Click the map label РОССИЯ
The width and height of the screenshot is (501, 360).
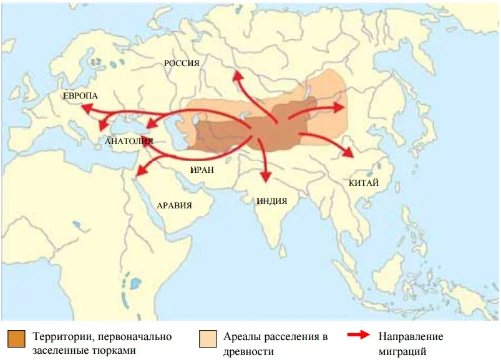coord(181,63)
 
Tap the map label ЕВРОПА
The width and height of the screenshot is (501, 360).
coord(80,96)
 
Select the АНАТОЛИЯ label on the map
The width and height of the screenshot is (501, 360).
coord(129,141)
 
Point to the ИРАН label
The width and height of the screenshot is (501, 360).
coord(203,169)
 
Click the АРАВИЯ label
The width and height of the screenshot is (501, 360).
coord(174,205)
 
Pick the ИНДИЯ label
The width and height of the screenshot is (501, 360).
coord(271,201)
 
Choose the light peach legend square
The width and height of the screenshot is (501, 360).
coord(208,339)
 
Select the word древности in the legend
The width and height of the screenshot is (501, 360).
coord(248,352)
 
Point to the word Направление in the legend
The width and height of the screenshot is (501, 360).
coord(411,336)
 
